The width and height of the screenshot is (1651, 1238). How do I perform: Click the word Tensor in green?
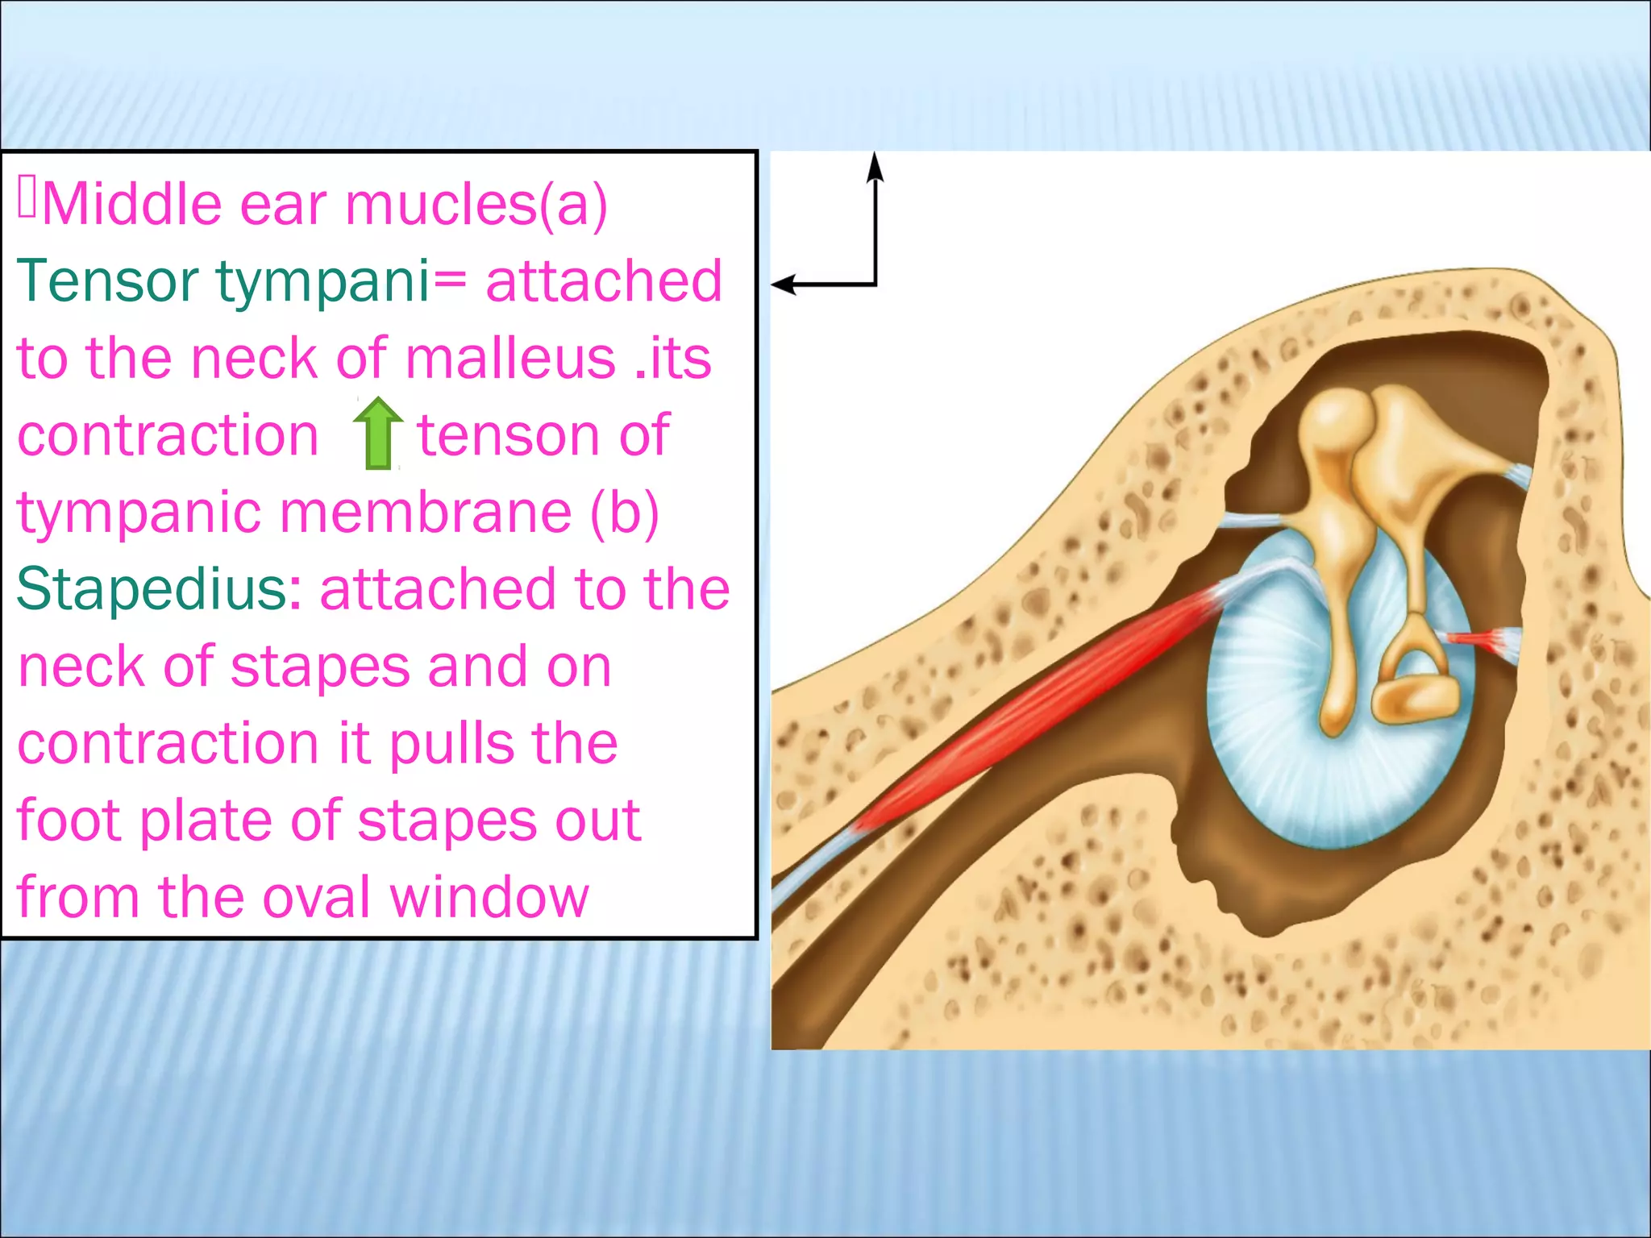point(106,280)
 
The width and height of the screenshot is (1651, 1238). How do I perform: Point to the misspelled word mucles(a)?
point(476,204)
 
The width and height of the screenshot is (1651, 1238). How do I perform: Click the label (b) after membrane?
point(624,512)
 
